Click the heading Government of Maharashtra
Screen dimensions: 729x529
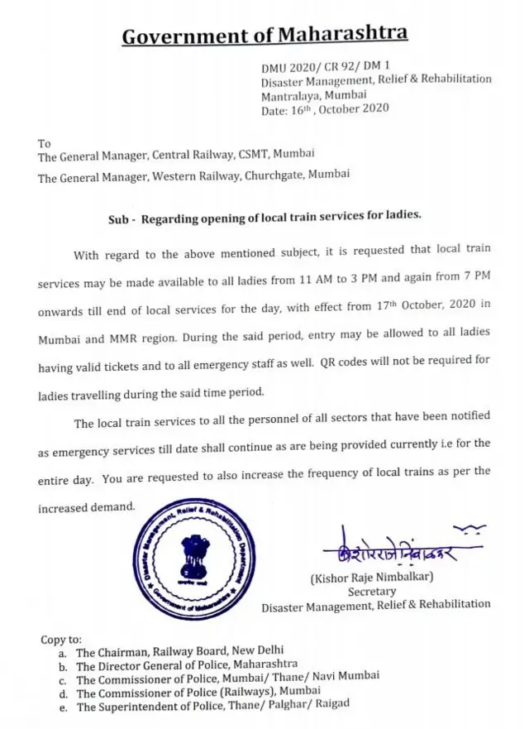(264, 35)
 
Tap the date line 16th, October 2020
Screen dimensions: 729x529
(325, 108)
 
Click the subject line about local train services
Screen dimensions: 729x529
(264, 218)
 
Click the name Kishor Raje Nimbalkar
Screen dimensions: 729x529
(372, 578)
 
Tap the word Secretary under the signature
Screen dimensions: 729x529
(372, 592)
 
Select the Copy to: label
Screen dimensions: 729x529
(61, 640)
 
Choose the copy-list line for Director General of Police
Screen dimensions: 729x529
(187, 665)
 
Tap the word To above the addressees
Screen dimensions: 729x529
(45, 142)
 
